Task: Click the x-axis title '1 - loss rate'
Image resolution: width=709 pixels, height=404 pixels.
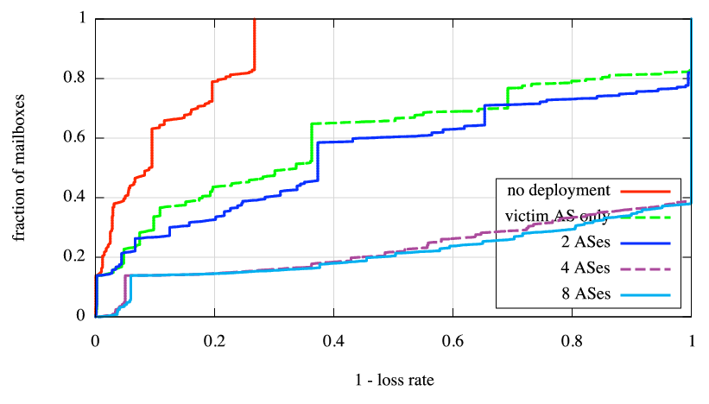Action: click(394, 378)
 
